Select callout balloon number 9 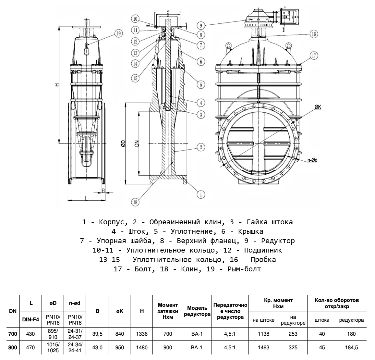201,25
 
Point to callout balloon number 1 201,194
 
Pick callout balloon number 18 135,202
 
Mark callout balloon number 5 201,85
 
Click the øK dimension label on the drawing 318,107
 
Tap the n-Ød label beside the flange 313,160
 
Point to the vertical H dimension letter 56,85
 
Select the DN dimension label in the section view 137,143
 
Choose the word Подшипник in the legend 263,250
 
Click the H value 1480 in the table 142,347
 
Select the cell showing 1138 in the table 263,334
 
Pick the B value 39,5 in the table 97,334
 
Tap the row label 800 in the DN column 13,347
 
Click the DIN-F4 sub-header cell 31,319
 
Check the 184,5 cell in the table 351,347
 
